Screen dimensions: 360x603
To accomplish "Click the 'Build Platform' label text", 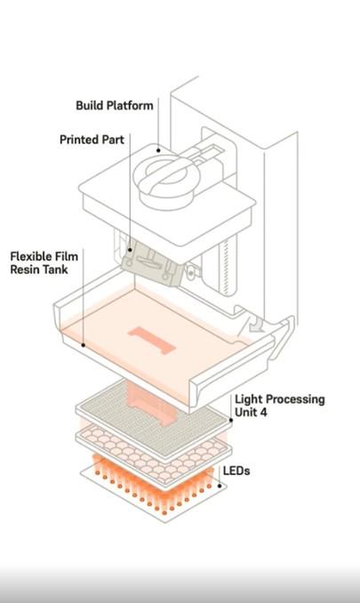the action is pos(115,105).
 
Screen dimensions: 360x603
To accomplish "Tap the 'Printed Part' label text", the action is pos(92,140).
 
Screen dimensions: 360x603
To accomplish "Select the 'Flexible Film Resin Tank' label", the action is pos(44,262).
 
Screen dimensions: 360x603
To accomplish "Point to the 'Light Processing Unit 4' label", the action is pos(280,406).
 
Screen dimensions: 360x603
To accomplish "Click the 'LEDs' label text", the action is pos(236,470).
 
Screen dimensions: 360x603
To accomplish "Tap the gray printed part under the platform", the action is pos(153,263).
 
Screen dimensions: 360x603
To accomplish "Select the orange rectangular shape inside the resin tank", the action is pos(152,341).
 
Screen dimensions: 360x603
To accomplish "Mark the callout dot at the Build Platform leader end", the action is pos(158,150).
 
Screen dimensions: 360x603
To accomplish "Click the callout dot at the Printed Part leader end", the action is pos(130,250).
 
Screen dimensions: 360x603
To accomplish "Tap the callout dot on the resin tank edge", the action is pos(83,345).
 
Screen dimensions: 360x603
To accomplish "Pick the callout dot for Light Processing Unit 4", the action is pos(231,420).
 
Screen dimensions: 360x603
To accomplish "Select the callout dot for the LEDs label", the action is pos(220,486).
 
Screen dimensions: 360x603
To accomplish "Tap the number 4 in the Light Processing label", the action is pos(263,412).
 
